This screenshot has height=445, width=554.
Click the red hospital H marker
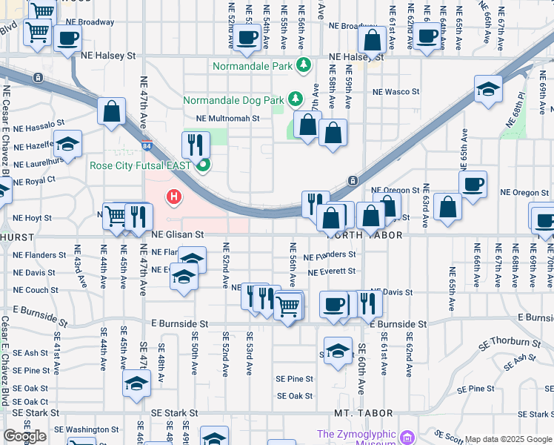pos(174,197)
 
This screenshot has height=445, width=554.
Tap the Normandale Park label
pos(253,66)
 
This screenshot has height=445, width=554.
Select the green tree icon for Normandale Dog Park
pos(295,99)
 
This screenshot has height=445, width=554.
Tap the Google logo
pos(24,436)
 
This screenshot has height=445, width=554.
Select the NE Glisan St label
pos(177,234)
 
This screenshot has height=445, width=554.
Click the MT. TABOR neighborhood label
pos(357,412)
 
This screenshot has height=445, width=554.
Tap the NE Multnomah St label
pos(227,118)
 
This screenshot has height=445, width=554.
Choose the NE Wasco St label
pos(396,92)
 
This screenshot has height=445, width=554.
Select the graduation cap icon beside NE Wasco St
pos(488,90)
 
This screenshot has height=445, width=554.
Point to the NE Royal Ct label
pos(34,181)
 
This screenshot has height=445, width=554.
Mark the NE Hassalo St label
pos(35,127)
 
